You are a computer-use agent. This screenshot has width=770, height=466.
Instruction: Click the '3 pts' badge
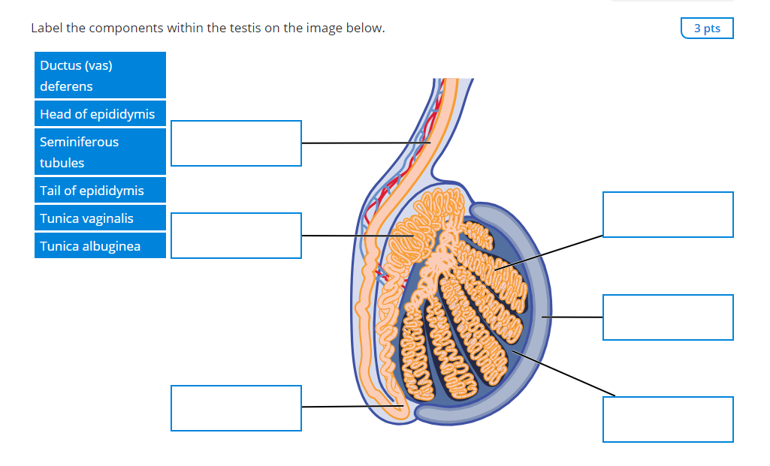coord(707,29)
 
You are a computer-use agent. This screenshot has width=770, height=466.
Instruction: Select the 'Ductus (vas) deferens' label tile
coord(100,76)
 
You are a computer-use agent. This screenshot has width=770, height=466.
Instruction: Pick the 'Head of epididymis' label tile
coord(100,114)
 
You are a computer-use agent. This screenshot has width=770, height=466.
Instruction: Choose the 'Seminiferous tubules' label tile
coord(100,152)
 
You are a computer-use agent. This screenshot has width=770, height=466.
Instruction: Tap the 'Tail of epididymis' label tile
coord(100,191)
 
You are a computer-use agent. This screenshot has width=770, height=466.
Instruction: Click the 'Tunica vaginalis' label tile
coord(100,218)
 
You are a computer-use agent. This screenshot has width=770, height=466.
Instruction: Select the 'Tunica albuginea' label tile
coord(100,246)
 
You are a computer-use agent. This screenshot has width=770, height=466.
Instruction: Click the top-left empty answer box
coord(236,143)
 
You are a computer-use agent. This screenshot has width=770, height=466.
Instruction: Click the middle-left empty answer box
coord(236,236)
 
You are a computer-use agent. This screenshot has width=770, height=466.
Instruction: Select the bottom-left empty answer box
coord(236,408)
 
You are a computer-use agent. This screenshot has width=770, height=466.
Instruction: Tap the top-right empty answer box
coord(668,215)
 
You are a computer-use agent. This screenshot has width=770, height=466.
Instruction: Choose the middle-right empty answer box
coord(668,317)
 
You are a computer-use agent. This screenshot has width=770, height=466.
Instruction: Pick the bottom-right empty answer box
coord(668,419)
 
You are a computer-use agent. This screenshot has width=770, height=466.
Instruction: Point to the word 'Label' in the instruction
coord(47,29)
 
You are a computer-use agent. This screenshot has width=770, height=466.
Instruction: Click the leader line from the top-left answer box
coord(361,143)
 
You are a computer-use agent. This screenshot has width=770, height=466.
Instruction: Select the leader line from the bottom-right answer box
coord(563,374)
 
